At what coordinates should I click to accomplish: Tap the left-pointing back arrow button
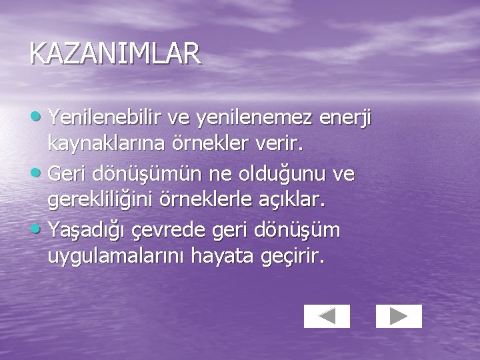click(x=327, y=316)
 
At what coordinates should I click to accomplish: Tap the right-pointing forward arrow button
click(x=399, y=316)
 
